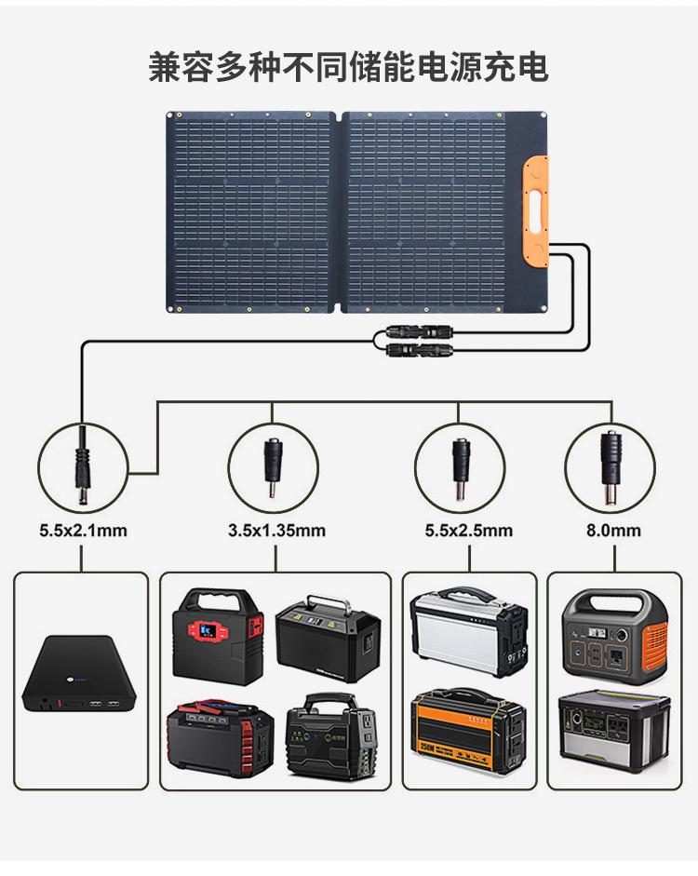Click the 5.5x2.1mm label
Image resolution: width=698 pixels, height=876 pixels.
83,531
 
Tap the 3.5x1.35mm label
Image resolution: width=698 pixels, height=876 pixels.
276,531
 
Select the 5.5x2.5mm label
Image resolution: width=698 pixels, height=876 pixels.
468,531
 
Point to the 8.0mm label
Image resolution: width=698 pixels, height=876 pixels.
613,531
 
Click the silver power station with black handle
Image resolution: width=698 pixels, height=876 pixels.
468,631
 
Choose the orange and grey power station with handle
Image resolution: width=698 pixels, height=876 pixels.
615,635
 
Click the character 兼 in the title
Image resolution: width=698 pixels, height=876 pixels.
165,68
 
